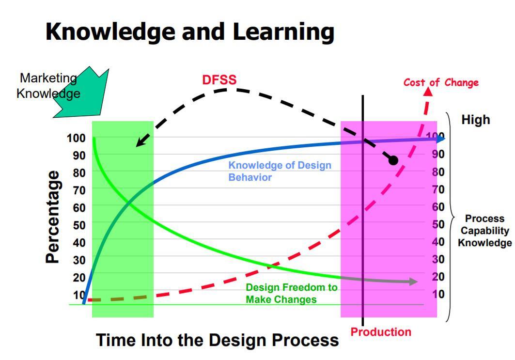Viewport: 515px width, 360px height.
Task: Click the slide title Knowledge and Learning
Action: point(190,32)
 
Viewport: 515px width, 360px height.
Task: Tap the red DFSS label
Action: point(219,80)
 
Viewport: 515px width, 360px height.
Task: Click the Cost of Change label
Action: point(441,82)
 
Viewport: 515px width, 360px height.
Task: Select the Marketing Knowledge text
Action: point(48,86)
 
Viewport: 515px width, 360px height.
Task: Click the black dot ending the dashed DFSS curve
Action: point(393,160)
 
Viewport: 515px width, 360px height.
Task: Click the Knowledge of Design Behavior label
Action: point(280,171)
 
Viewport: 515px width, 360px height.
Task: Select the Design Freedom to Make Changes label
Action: point(291,293)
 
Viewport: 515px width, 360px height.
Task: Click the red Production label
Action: point(381,332)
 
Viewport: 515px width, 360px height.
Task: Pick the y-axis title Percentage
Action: point(53,217)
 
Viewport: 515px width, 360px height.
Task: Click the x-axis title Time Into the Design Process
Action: point(218,340)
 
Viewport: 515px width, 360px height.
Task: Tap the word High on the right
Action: point(475,120)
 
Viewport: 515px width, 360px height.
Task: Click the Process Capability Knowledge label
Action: point(484,231)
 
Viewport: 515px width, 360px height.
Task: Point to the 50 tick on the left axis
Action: point(79,225)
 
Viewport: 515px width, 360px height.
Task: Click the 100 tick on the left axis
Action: point(76,138)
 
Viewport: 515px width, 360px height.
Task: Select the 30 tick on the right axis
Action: point(438,259)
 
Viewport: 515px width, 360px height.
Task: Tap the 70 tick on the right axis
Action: point(438,189)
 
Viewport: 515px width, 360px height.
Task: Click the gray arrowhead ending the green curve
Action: point(413,282)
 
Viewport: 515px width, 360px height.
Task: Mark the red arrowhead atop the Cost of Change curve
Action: point(428,93)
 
